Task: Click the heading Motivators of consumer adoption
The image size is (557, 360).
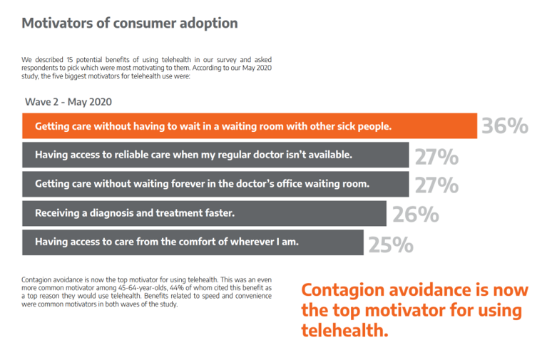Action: tap(129, 23)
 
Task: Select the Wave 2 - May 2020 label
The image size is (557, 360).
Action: tap(68, 102)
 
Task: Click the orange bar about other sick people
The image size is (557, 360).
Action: tap(250, 125)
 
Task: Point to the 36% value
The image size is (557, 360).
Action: tap(505, 126)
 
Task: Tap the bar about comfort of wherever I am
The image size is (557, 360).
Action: tap(193, 242)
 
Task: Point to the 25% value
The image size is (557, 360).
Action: tap(391, 244)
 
